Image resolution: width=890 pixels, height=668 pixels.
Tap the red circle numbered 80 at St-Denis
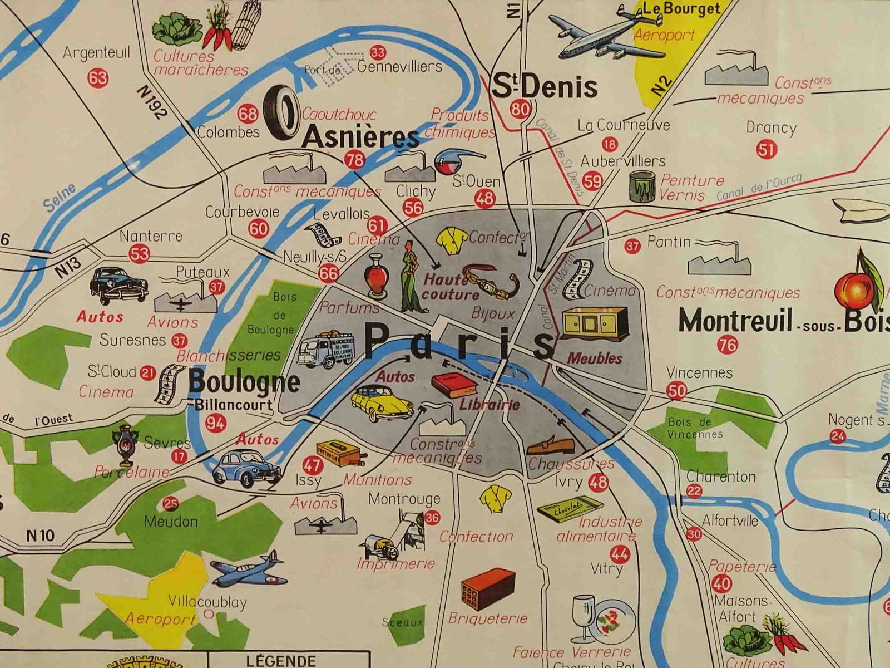point(520,109)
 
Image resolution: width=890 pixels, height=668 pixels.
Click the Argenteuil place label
point(96,53)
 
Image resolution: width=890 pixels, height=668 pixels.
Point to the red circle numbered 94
point(216,423)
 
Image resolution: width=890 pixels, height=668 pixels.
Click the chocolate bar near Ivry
point(570,510)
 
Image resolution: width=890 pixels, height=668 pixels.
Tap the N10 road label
point(41,536)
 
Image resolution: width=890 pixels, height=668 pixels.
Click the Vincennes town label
point(699,372)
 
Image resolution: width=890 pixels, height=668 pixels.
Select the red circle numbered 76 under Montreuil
point(728,345)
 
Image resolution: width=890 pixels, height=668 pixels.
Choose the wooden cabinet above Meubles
point(594,325)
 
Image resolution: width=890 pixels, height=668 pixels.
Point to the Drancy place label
point(771,127)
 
